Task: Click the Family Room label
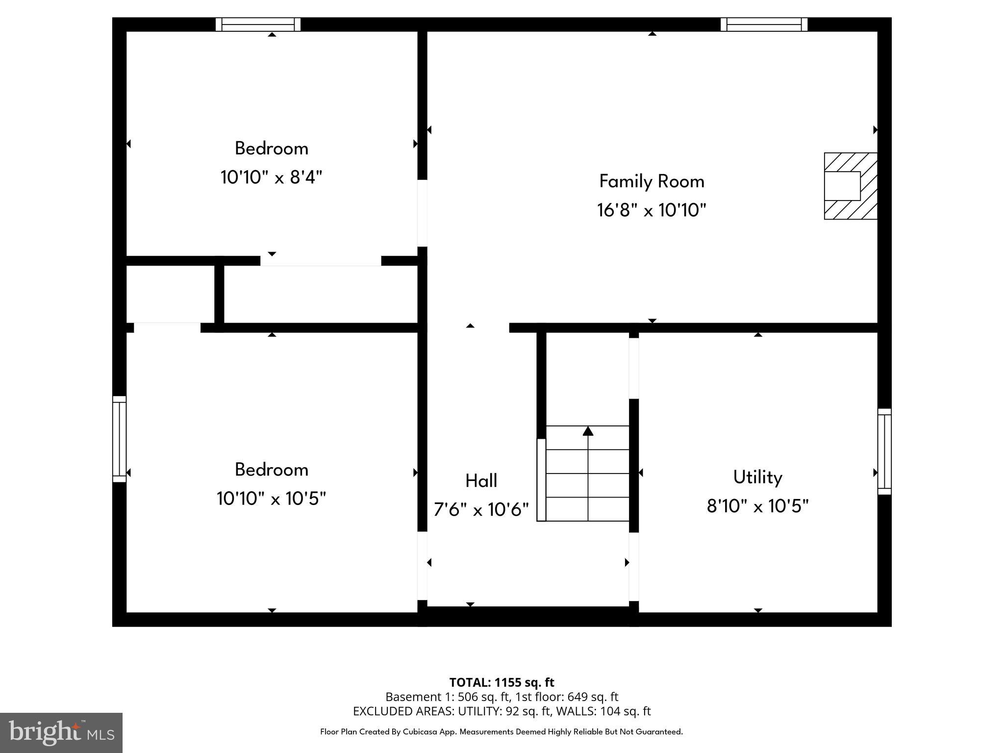coord(652,181)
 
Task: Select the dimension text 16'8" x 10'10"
coord(652,210)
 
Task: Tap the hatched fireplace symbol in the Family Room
coord(850,186)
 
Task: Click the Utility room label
coord(757,477)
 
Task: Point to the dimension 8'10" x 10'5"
coord(757,506)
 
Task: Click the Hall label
coord(481,481)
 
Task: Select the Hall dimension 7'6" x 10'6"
coord(481,510)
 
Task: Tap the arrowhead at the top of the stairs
coord(588,431)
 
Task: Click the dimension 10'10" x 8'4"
coord(271,177)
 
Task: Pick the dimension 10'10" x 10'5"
coord(271,499)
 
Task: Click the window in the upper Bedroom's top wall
coord(258,25)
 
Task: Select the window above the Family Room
coord(764,25)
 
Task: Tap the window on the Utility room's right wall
coord(884,452)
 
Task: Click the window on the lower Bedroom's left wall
coord(119,439)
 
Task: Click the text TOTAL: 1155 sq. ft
coord(502,682)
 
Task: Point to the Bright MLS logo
coord(61,732)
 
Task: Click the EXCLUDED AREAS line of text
coord(502,711)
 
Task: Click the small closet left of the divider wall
coord(170,294)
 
